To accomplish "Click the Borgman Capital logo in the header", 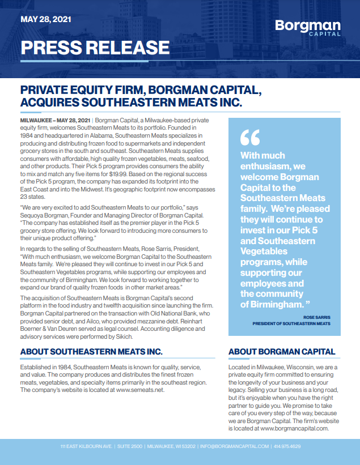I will pos(308,27).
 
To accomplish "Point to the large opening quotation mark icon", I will pos(249,138).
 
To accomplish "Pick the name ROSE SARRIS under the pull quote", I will pos(317,318).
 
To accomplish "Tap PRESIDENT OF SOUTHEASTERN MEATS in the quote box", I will pos(291,323).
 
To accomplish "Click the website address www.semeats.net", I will pos(139,390).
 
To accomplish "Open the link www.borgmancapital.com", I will pos(295,428).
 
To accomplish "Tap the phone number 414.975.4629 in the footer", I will pos(287,446).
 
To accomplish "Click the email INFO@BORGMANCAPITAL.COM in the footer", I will pos(234,446).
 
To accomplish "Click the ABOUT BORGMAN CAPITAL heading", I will pos(282,352).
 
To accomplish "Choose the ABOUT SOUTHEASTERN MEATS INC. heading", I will pos(91,352).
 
